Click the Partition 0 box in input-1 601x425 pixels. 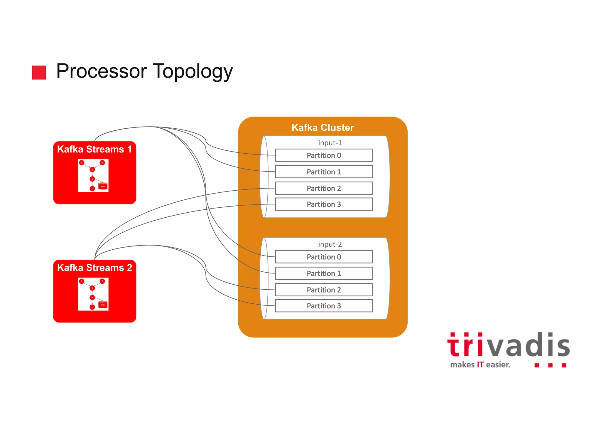pos(324,155)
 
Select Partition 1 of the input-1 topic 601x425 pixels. pos(324,172)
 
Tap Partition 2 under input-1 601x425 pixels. pos(324,188)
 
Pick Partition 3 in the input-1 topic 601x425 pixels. pos(324,204)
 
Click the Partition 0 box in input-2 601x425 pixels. pos(324,257)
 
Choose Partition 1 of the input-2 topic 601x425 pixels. pos(324,273)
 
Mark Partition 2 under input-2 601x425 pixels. pos(324,290)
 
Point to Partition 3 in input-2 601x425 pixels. pos(324,306)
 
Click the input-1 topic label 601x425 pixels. pos(330,143)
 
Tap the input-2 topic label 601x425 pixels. pos(330,245)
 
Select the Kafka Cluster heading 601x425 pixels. pos(323,127)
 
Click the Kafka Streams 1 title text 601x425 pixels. pos(94,149)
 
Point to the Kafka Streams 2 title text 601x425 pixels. pos(94,268)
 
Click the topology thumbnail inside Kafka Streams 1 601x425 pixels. pos(93,176)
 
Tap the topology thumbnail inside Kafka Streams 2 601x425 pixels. pos(93,294)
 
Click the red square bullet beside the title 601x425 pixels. pos(39,72)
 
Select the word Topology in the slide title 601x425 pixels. pos(193,71)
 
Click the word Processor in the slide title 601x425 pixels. pos(102,71)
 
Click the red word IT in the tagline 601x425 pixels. pos(480,365)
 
